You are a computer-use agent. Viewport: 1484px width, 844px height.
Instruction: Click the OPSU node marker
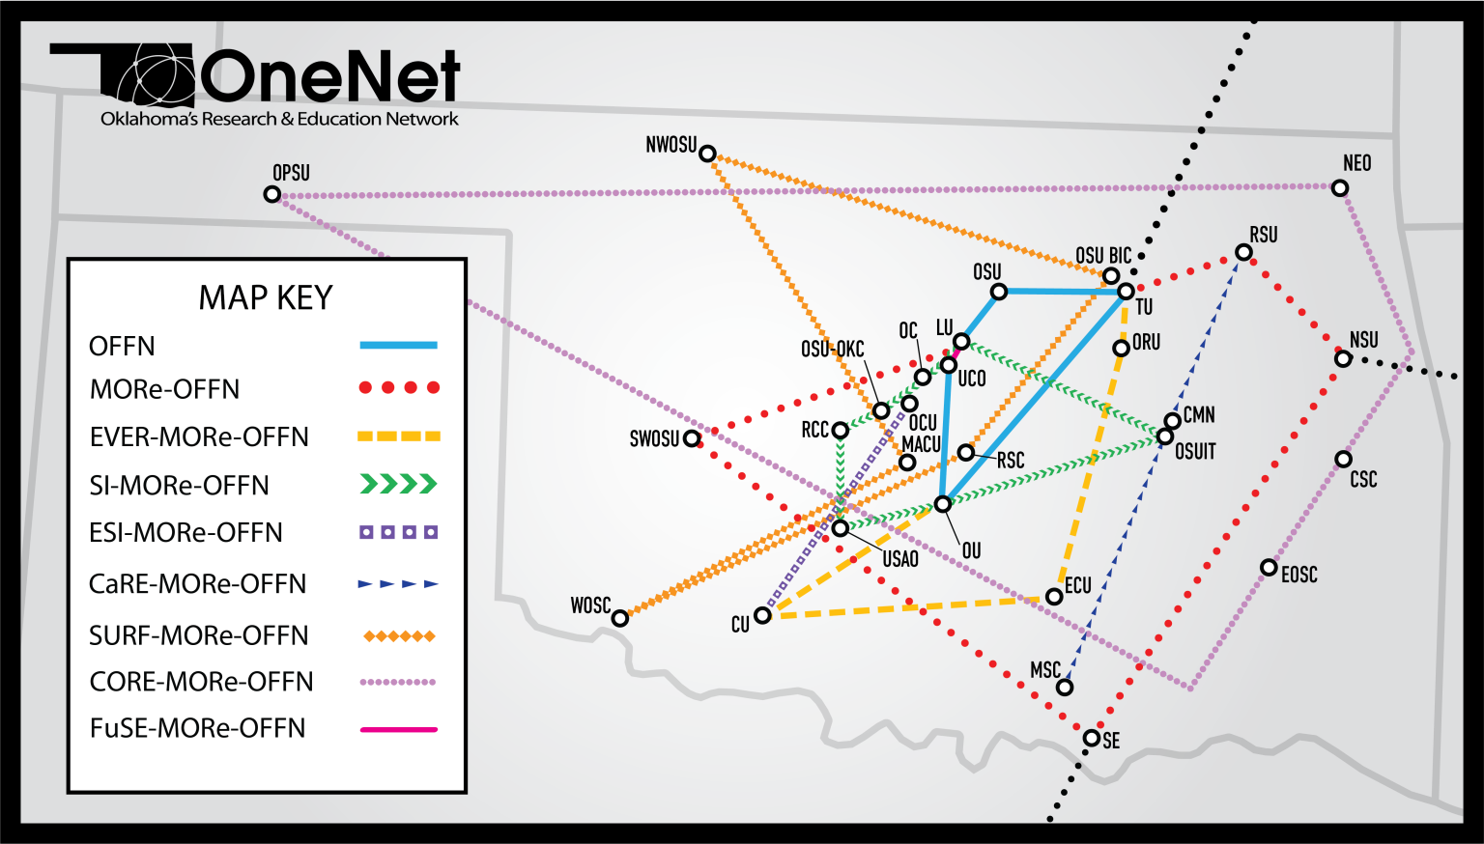pos(272,195)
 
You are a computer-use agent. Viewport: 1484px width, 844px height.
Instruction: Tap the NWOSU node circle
pos(707,154)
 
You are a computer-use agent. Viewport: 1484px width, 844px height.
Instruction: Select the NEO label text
pos(1356,163)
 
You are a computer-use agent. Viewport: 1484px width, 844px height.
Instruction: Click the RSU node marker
pos(1243,253)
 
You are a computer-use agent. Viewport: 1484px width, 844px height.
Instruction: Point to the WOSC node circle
pos(620,618)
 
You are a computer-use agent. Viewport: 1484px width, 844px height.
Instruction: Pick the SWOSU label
pos(654,439)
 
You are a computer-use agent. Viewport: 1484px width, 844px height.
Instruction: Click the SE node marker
pos(1092,738)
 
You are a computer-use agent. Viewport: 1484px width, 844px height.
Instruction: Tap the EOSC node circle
pos(1269,568)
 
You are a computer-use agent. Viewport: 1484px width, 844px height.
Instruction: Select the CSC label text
pos(1363,479)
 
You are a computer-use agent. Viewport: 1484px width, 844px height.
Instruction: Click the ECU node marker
pos(1054,597)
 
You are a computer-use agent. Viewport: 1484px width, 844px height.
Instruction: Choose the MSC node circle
pos(1064,688)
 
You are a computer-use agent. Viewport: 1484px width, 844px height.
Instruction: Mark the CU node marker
pos(762,615)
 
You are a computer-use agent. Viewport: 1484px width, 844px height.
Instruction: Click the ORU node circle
pos(1121,349)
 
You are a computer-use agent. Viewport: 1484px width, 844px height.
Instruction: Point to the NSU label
pos(1363,340)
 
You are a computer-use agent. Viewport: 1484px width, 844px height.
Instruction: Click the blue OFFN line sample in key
pos(398,345)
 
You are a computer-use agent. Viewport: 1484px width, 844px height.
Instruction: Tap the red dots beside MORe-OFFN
pos(398,388)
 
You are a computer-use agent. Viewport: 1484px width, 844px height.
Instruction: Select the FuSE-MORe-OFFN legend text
pos(197,728)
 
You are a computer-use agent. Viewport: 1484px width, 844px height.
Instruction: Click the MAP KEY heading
pos(265,297)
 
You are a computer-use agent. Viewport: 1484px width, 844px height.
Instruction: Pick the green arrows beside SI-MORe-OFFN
pos(398,484)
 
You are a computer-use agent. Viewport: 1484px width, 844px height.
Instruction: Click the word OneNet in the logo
pos(329,76)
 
